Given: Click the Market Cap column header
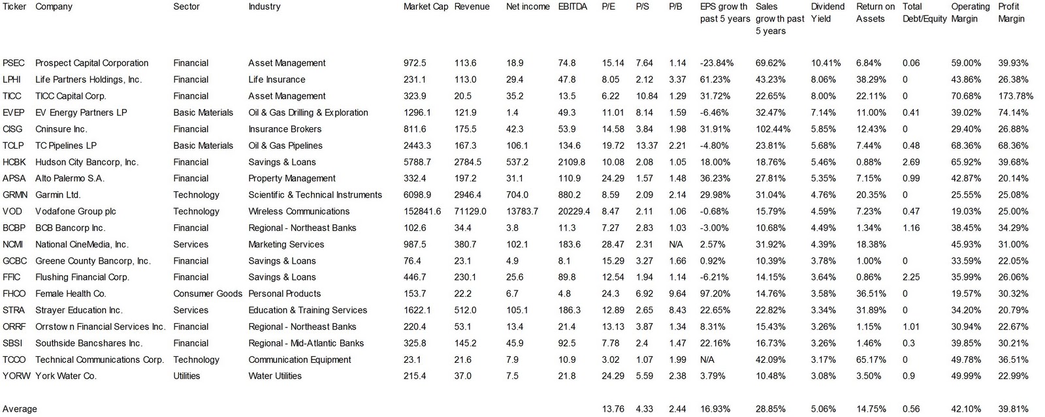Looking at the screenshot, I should [x=425, y=7].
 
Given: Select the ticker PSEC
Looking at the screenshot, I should [x=14, y=63].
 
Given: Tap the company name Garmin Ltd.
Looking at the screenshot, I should [x=58, y=194].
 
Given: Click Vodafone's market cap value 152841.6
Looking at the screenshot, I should [x=422, y=211].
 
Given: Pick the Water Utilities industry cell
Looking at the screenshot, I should [x=275, y=376].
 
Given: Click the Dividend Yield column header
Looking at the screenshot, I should [x=828, y=12].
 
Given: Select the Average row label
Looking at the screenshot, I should [x=20, y=409].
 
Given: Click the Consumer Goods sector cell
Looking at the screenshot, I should [x=208, y=294].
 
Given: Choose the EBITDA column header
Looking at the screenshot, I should [x=573, y=7].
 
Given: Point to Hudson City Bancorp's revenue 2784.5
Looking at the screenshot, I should [x=468, y=162].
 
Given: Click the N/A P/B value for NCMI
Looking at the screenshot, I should [x=677, y=244].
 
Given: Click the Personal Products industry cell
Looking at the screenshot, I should [x=285, y=294].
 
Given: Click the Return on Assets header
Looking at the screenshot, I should [x=875, y=12].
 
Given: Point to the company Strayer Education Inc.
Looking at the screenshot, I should [x=79, y=310].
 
